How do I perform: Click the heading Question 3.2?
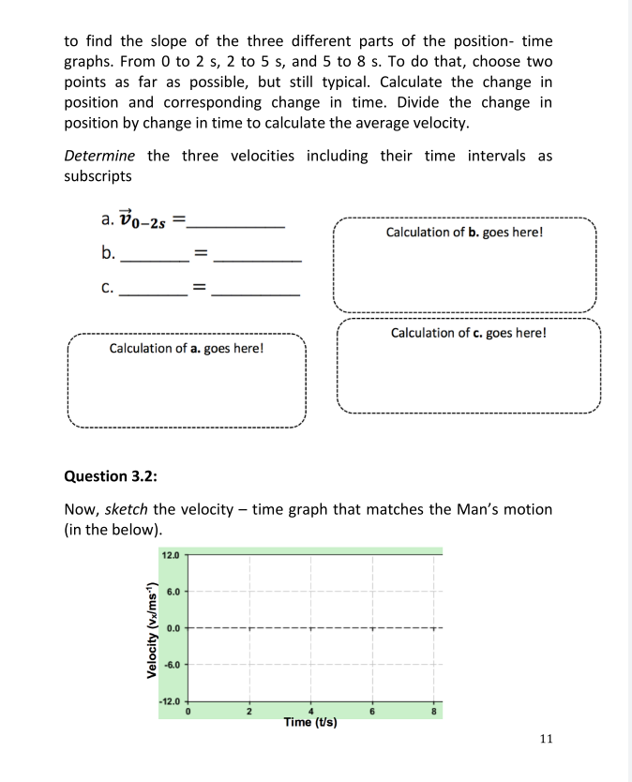pos(110,476)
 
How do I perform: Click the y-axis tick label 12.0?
pos(171,555)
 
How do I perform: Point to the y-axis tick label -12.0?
pos(170,701)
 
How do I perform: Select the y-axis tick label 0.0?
pos(173,627)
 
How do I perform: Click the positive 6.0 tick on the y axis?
pos(173,592)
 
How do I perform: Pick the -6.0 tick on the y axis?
pos(172,664)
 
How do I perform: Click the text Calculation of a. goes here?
pos(187,349)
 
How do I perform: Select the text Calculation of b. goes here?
pos(464,232)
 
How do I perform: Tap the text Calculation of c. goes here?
pos(468,333)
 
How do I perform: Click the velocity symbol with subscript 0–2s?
pos(145,222)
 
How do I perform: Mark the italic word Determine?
pos(99,156)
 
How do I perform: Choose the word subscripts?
pos(98,176)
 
